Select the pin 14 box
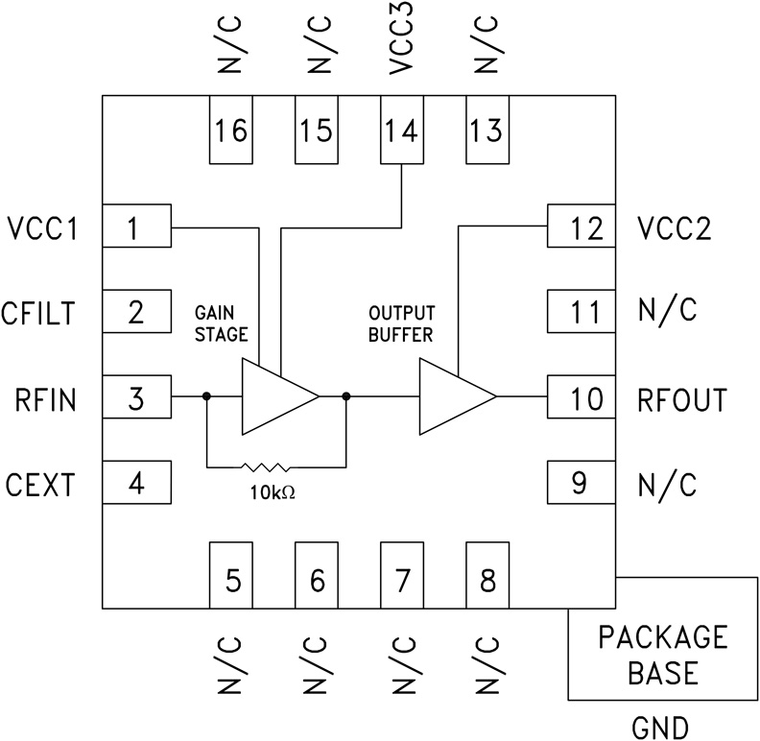(401, 130)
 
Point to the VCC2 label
(675, 229)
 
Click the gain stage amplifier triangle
(275, 396)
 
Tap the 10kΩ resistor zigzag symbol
(265, 467)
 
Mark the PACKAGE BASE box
(663, 654)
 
